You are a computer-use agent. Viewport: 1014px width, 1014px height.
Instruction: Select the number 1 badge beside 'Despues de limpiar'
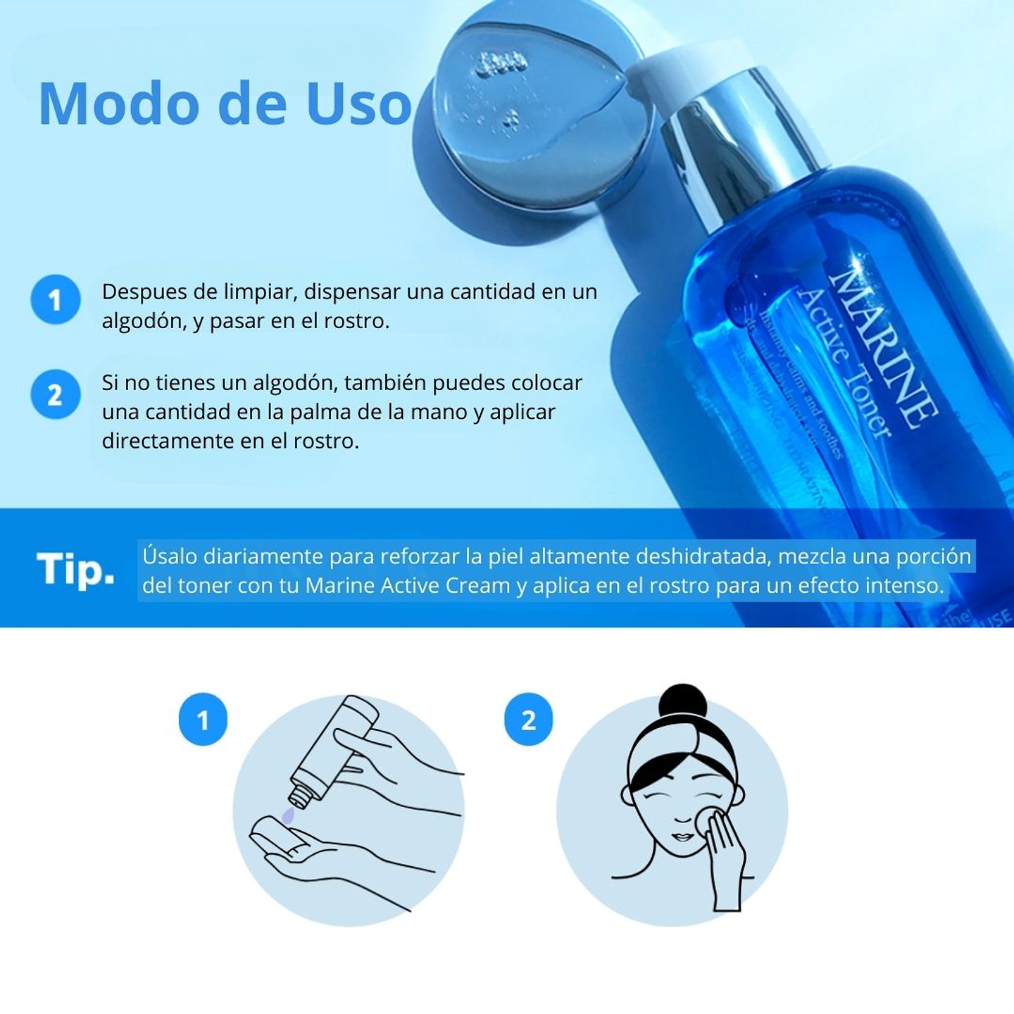pos(55,300)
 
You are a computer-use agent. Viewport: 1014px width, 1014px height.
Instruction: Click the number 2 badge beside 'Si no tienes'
pos(55,394)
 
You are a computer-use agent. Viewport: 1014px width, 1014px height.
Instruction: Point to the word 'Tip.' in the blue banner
pos(75,569)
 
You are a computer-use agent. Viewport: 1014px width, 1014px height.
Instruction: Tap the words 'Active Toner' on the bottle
pos(845,363)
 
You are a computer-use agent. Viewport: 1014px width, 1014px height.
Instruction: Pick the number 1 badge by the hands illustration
pos(203,720)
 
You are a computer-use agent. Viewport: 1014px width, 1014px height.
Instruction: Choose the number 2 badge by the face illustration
pos(528,720)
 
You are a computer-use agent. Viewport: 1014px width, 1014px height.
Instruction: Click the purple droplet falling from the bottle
pos(287,815)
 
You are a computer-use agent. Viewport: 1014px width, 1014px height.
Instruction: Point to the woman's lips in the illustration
pos(682,837)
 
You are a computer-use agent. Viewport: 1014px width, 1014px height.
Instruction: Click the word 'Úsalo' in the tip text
pos(170,556)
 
